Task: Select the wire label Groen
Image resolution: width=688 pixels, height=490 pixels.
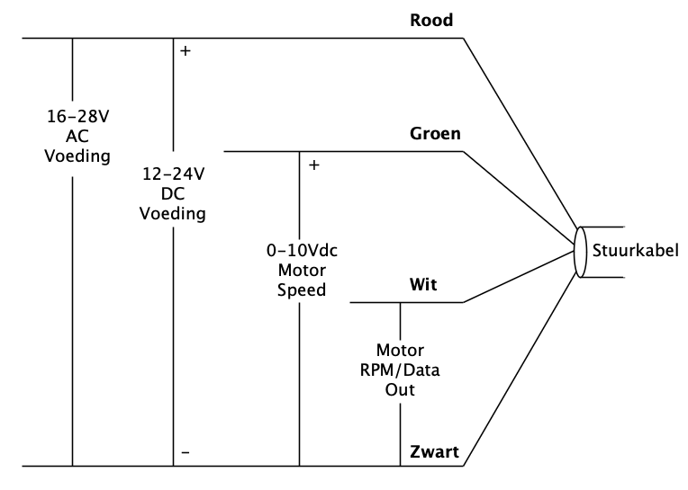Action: tap(436, 134)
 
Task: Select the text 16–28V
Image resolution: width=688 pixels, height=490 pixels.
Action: tap(79, 118)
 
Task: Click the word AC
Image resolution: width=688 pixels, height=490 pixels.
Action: tap(79, 138)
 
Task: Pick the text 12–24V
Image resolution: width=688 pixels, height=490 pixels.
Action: tap(173, 175)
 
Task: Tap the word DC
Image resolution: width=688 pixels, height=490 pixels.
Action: tap(173, 195)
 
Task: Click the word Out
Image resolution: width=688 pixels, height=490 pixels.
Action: tap(400, 392)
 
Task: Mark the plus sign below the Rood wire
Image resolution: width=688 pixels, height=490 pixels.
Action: tap(186, 51)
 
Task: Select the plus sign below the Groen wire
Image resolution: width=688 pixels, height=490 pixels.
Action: tap(313, 165)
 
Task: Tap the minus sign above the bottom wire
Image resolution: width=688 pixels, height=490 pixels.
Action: tap(186, 453)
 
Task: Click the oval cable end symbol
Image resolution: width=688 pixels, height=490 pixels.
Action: tap(581, 252)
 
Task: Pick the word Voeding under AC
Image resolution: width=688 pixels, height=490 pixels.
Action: tap(79, 157)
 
